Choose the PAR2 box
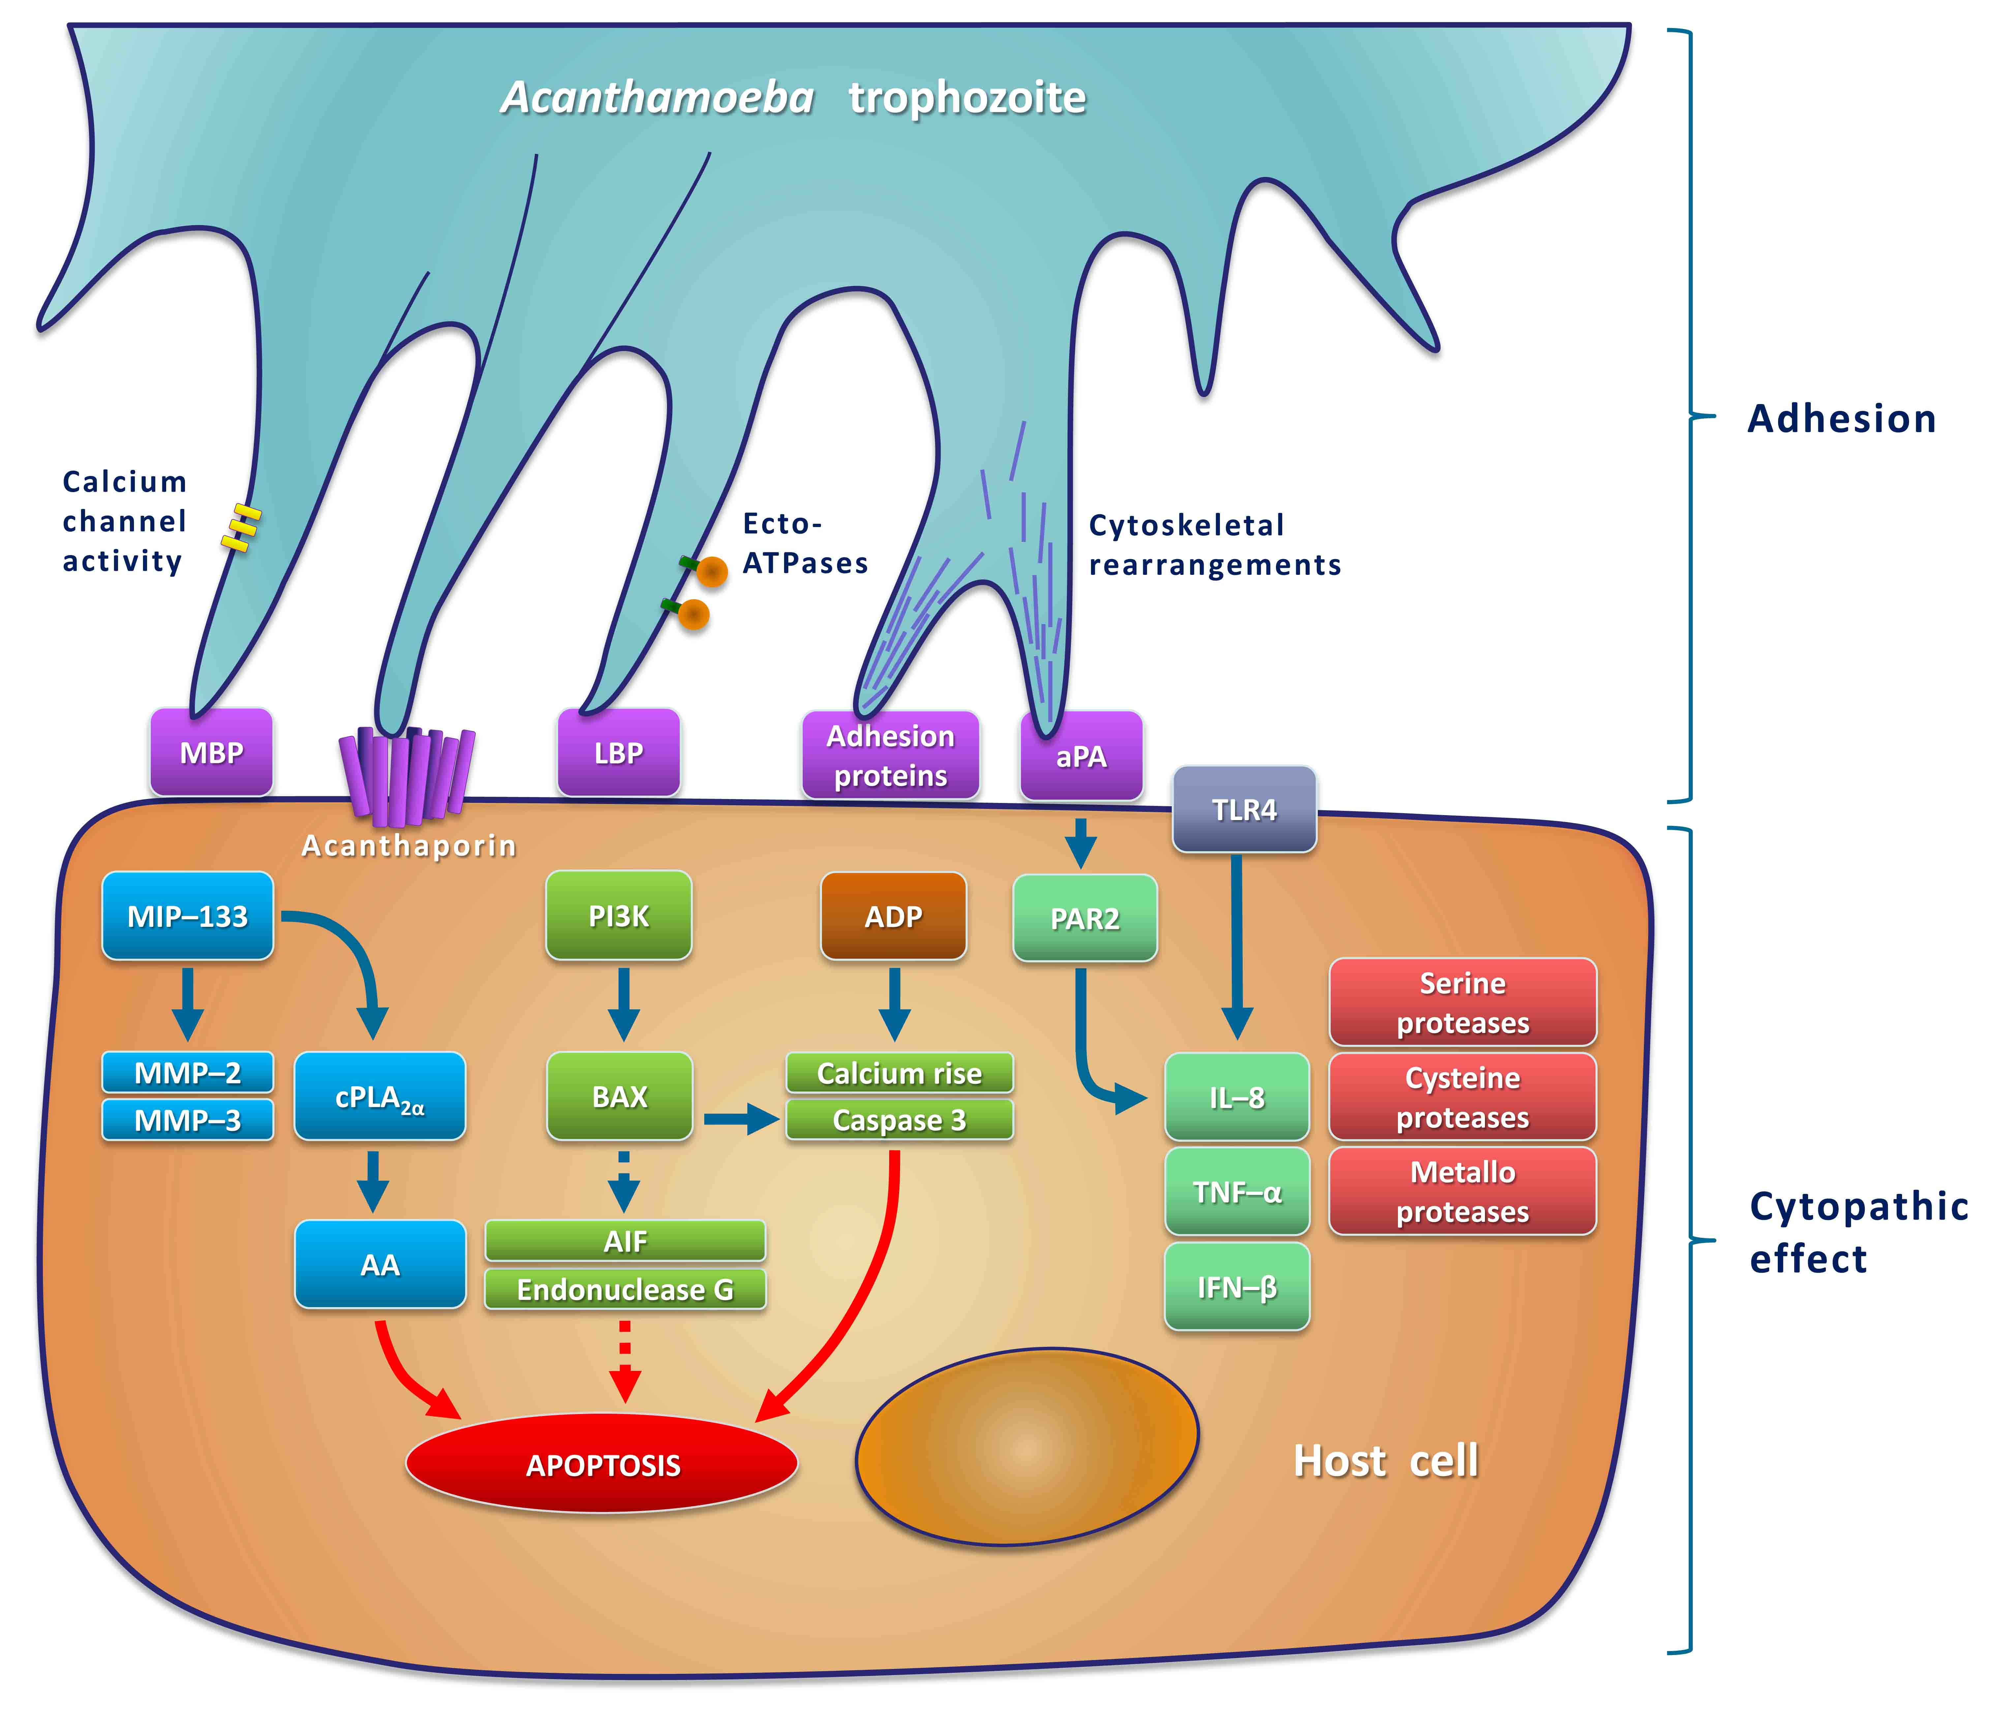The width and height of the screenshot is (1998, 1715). [x=1085, y=918]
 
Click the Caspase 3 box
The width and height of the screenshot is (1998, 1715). [x=899, y=1120]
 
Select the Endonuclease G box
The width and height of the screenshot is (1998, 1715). [x=625, y=1289]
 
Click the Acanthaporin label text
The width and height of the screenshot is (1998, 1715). [x=409, y=845]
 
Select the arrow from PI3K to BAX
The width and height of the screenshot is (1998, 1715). [x=624, y=1005]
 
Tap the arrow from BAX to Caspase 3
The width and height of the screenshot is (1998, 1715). [x=741, y=1119]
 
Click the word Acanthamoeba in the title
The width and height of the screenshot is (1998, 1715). [x=658, y=97]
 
